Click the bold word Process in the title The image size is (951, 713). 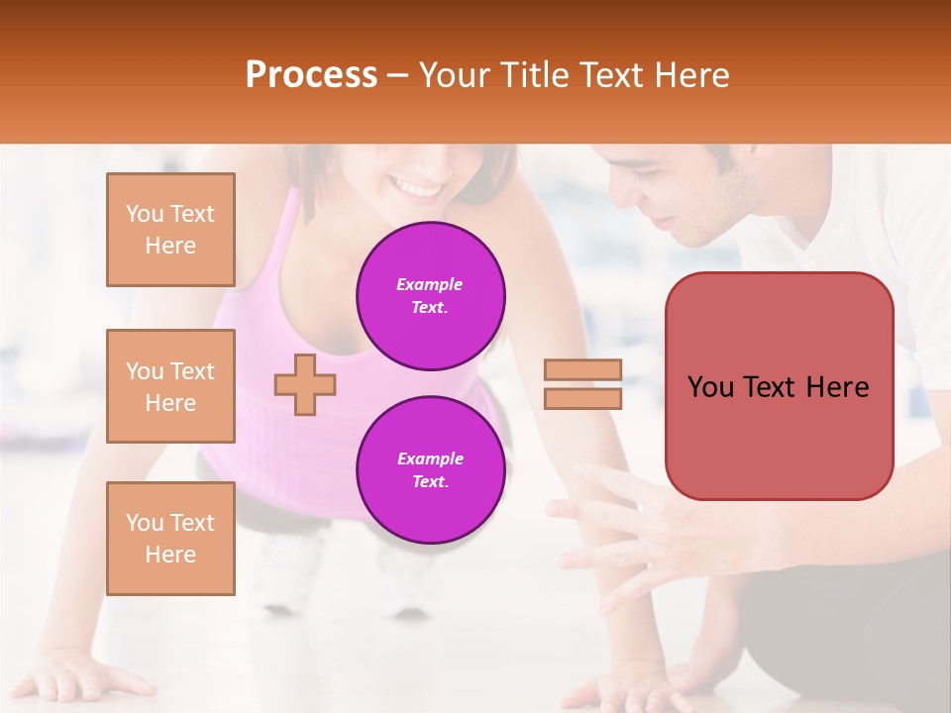tap(311, 74)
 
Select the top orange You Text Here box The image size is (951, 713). tap(170, 230)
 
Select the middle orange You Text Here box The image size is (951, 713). tap(170, 386)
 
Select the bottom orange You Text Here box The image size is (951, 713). tap(170, 538)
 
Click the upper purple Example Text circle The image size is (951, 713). tap(430, 296)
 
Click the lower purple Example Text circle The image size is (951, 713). tap(430, 469)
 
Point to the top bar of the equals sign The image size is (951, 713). tap(583, 369)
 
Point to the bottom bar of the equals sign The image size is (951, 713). tap(583, 398)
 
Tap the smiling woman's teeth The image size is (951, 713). tap(417, 186)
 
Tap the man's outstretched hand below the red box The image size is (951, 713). tap(634, 525)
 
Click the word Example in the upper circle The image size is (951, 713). tap(430, 284)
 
